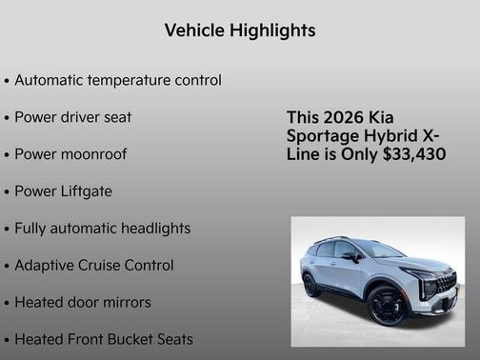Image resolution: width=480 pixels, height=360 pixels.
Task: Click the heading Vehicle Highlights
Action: pyautogui.click(x=240, y=30)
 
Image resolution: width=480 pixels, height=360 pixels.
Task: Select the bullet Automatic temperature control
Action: pyautogui.click(x=118, y=81)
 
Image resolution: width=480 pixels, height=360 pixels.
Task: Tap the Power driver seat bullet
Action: pyautogui.click(x=73, y=118)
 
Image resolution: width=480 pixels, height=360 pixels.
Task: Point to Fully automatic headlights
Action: pyautogui.click(x=102, y=229)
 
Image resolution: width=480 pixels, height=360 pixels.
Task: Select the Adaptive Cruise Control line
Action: pyautogui.click(x=93, y=266)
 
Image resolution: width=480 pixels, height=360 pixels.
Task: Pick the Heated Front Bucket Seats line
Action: pyautogui.click(x=104, y=339)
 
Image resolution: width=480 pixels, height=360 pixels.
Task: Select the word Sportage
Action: pyautogui.click(x=321, y=135)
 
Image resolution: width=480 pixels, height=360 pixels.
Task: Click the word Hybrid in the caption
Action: pyautogui.click(x=389, y=135)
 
